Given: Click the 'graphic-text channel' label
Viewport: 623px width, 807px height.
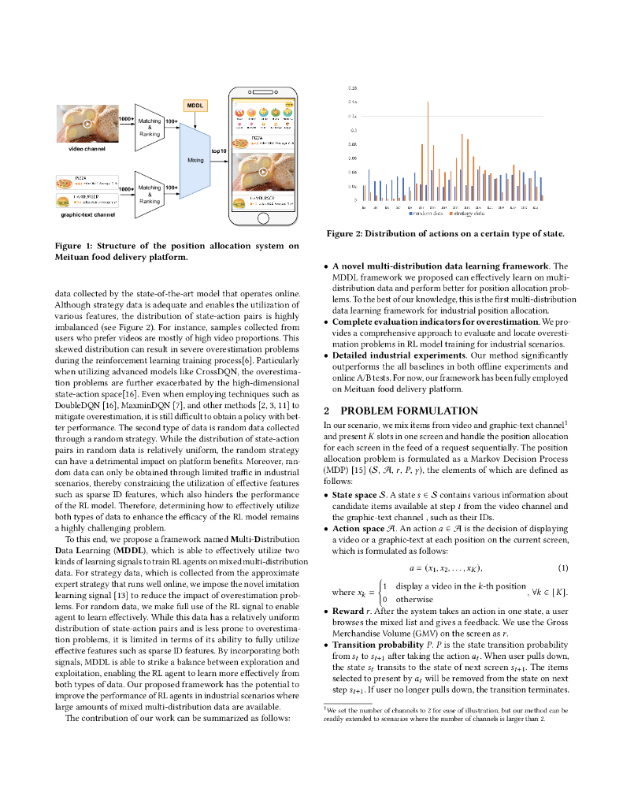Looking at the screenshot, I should (87, 214).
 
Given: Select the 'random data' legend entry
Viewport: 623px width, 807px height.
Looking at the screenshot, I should (425, 214).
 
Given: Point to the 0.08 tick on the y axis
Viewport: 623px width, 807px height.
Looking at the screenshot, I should (352, 145).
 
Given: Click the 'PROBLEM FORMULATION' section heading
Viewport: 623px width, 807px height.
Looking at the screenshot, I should (400, 411).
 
